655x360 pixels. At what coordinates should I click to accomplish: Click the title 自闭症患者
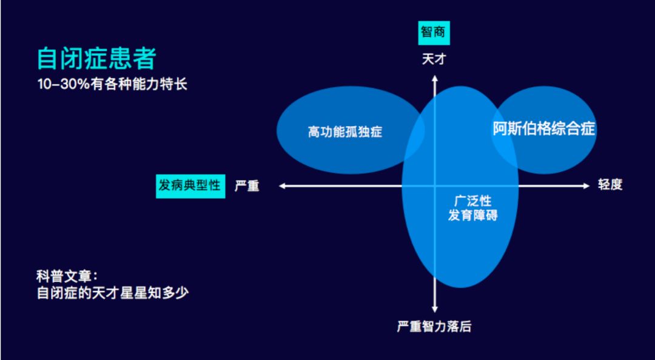(x=96, y=59)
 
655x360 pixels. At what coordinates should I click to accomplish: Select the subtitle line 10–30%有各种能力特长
(x=112, y=84)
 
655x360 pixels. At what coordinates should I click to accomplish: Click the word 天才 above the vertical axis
(x=434, y=59)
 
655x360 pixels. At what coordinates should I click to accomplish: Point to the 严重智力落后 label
(x=434, y=327)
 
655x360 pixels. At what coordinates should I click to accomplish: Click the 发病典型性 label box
(x=190, y=185)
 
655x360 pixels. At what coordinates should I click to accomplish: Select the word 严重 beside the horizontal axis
(x=247, y=186)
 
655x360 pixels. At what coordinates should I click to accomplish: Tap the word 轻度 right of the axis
(x=610, y=185)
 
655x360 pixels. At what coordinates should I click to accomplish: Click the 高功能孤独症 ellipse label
(x=345, y=132)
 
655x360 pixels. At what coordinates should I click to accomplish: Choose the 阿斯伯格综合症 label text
(x=543, y=129)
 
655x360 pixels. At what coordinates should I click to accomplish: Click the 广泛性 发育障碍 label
(x=472, y=208)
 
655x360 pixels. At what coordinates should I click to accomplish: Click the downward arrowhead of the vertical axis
(x=434, y=310)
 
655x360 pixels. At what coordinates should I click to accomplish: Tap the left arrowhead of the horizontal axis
(x=282, y=186)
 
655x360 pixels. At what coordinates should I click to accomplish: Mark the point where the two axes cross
(x=434, y=186)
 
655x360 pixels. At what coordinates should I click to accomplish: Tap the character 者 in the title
(x=144, y=59)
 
